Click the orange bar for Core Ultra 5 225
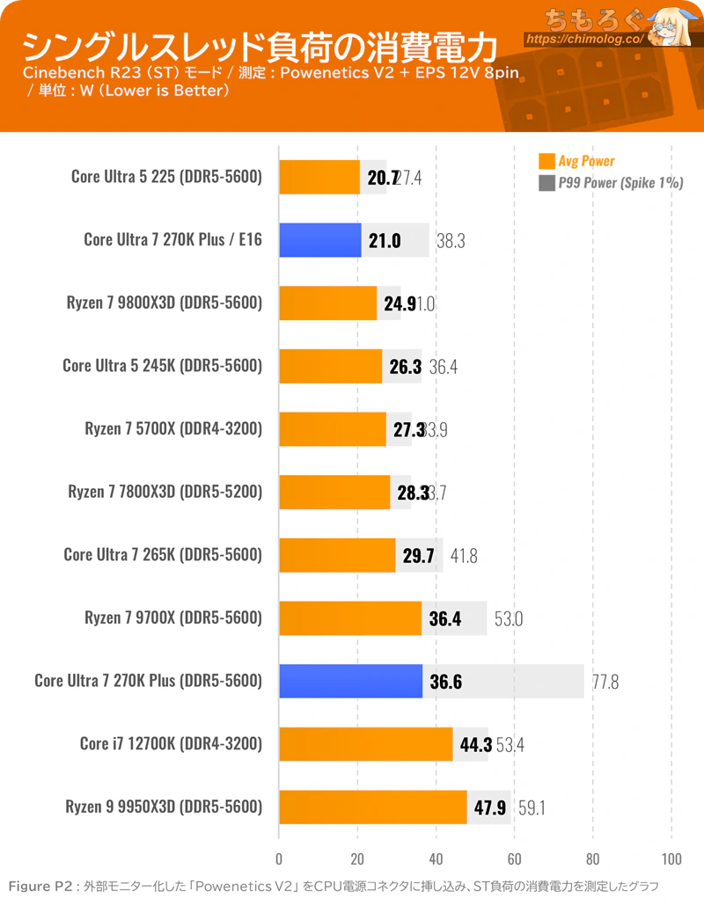click(319, 177)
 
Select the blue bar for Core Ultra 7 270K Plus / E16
click(320, 240)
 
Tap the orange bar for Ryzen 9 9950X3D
click(373, 807)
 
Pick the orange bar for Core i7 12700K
click(366, 744)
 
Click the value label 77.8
click(605, 682)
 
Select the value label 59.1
click(532, 807)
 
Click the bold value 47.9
click(489, 807)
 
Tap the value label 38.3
click(451, 240)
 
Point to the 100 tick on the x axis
click(671, 859)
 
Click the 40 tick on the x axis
click(436, 859)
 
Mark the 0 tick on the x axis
click(280, 859)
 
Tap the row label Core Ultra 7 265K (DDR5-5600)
click(163, 555)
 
